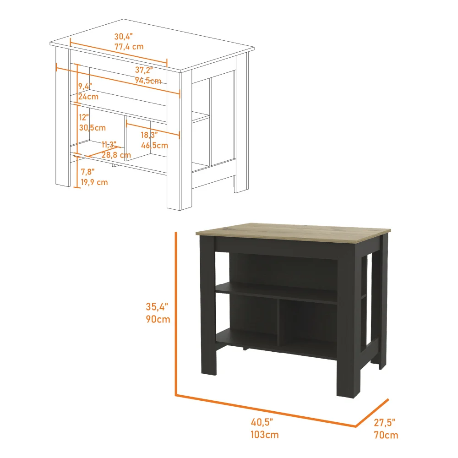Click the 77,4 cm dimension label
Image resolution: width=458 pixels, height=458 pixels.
(x=129, y=46)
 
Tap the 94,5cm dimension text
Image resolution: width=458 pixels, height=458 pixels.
(x=147, y=81)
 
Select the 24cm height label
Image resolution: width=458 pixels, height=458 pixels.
(x=88, y=97)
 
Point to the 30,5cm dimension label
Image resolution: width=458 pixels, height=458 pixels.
(x=92, y=128)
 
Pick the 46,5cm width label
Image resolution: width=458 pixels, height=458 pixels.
(x=154, y=146)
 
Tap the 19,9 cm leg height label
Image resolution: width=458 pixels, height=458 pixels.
(x=94, y=182)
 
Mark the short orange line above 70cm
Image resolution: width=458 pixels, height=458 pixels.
(x=372, y=413)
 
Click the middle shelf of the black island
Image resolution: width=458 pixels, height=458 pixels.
(x=275, y=293)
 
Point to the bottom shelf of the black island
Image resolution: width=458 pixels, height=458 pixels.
(x=275, y=346)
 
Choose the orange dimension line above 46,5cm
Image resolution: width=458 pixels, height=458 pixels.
(x=153, y=130)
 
